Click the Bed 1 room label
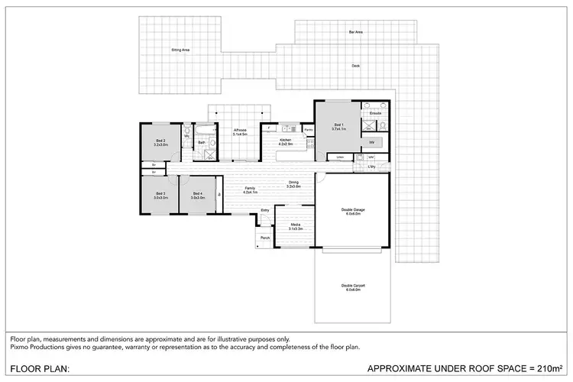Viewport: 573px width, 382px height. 339,125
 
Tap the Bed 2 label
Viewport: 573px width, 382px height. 160,141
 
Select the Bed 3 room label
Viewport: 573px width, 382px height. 160,193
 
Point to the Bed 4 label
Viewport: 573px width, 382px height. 197,193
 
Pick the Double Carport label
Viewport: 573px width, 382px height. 352,286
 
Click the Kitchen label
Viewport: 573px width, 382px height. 285,141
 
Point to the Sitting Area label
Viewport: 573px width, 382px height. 180,49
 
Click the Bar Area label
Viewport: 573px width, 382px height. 355,32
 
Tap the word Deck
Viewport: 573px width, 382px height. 355,66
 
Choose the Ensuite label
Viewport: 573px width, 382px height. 375,113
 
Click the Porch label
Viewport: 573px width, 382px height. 265,238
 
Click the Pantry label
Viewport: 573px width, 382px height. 309,130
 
